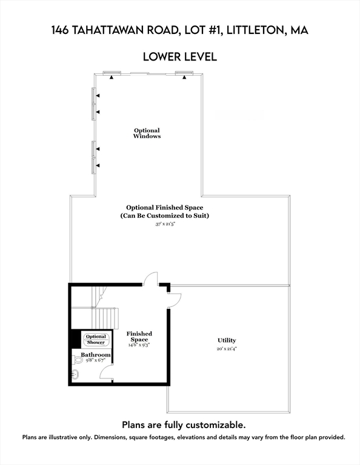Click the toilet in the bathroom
[78, 360]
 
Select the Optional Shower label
[96, 340]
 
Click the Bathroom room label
[96, 355]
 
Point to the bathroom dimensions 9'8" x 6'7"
[96, 361]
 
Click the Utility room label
[227, 340]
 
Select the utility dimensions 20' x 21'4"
[227, 349]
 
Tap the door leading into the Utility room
[174, 298]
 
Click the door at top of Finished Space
[151, 279]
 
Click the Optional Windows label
[147, 133]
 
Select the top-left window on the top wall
[112, 73]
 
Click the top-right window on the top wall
[184, 73]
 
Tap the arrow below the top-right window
[184, 78]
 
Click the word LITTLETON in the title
[249, 30]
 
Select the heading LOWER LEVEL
[179, 57]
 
